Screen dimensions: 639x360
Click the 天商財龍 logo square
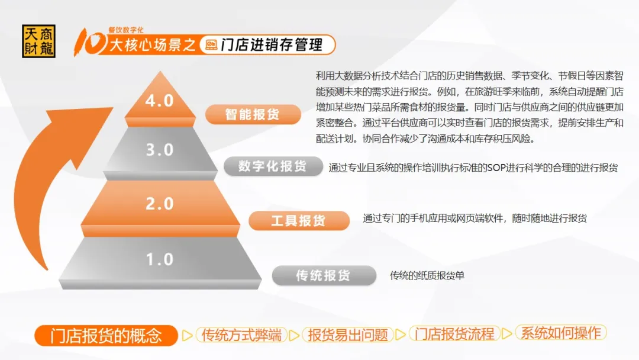(38, 41)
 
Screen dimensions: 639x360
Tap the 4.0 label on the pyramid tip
(159, 101)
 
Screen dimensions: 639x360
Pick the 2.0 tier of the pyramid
(160, 208)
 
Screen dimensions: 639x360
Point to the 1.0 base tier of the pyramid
(160, 263)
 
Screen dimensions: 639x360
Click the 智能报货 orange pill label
(253, 114)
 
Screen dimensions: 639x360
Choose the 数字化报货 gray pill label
(273, 166)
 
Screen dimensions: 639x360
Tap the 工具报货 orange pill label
(299, 221)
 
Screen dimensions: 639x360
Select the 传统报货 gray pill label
(324, 275)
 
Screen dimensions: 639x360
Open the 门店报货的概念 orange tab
(106, 336)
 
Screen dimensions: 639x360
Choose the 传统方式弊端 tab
(241, 335)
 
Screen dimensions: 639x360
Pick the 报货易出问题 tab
(348, 335)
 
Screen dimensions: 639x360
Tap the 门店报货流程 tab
(454, 334)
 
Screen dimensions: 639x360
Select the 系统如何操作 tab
(561, 333)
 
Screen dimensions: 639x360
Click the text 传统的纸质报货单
(427, 275)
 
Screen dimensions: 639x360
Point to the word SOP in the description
(496, 168)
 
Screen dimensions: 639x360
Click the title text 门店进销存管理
(272, 45)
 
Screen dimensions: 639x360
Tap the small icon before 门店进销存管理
(211, 45)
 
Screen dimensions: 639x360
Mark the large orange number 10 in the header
(91, 41)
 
